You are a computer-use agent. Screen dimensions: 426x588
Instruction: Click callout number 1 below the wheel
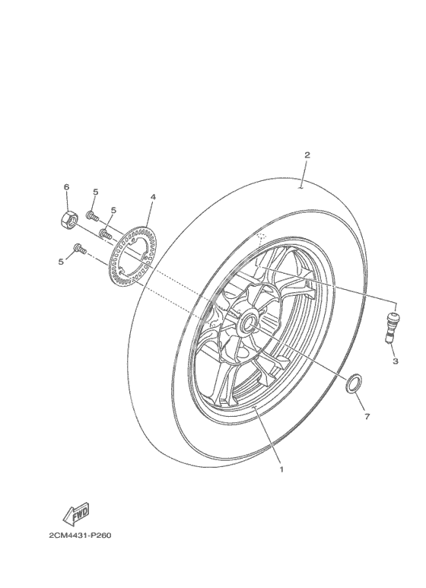[x=281, y=469]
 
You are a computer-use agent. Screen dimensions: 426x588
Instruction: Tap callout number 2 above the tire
[x=307, y=155]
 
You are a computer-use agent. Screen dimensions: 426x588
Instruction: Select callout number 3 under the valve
[x=396, y=361]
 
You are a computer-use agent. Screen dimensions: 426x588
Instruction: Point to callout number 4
[x=153, y=197]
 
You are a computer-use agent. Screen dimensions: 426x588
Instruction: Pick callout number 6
[x=67, y=187]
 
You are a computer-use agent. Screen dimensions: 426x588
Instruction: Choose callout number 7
[x=367, y=416]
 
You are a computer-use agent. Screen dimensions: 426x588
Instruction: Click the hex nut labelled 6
[x=68, y=218]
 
